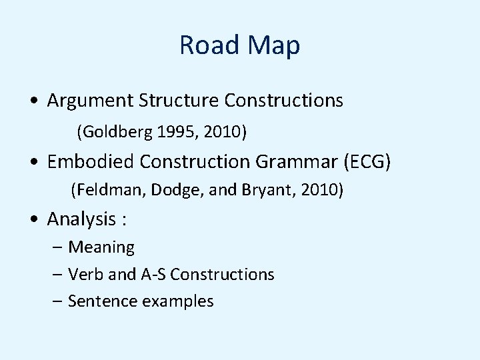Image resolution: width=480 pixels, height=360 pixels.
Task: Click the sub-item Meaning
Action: point(101,248)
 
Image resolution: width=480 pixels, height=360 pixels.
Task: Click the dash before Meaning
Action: point(58,248)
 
